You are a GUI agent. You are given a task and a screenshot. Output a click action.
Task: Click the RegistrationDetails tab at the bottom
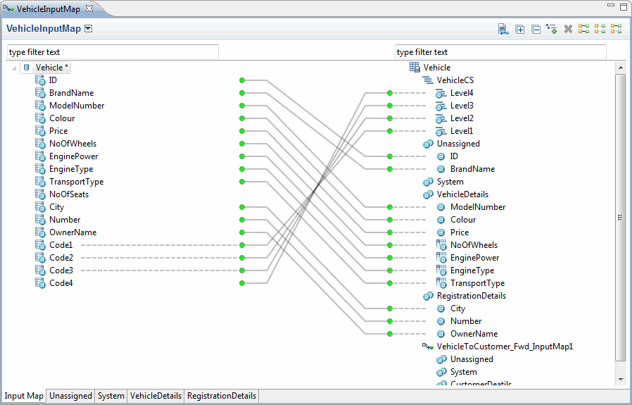(222, 396)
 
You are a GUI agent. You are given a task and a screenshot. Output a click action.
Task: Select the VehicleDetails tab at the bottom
(156, 396)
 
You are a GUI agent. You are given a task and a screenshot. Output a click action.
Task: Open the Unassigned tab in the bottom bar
(70, 396)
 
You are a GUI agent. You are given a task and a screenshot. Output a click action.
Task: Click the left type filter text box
(113, 52)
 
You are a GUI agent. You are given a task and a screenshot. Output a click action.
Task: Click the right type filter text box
(500, 52)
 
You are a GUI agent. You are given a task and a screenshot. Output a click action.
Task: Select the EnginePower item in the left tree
(73, 156)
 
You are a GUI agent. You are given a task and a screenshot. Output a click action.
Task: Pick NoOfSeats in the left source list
(69, 194)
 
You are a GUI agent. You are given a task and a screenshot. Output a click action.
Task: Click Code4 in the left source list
(61, 282)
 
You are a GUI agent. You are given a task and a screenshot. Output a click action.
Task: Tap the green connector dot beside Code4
(242, 283)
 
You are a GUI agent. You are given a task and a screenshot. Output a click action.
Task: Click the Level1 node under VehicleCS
(462, 131)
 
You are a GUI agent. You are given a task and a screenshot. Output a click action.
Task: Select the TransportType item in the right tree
(477, 282)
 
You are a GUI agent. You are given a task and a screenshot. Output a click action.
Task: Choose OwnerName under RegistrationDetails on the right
(474, 334)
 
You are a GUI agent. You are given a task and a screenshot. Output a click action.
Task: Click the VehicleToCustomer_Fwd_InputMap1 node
(505, 347)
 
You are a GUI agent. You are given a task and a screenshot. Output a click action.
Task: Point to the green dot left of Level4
(390, 93)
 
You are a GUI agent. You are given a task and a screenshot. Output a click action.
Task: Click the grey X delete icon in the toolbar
(569, 29)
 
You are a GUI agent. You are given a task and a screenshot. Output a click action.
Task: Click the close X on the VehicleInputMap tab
(89, 8)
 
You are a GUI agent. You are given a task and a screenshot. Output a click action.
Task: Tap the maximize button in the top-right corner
(623, 6)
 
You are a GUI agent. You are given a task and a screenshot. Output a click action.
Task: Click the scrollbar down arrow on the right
(620, 379)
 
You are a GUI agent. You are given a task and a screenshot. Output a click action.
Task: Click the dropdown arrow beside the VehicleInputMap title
(88, 29)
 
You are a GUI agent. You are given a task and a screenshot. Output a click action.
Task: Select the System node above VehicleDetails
(450, 182)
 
